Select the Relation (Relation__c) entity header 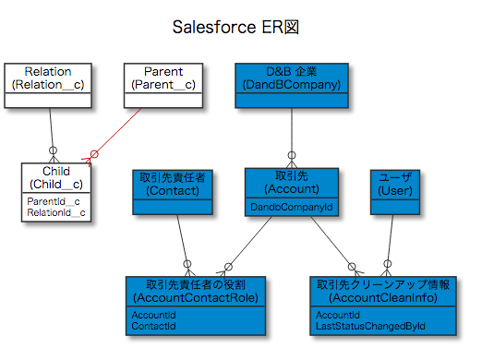point(48,78)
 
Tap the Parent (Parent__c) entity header point(163,78)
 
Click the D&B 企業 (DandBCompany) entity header point(292,78)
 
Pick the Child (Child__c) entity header point(56,178)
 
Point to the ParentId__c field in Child point(53,201)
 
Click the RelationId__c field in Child point(56,213)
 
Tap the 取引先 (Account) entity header point(291,183)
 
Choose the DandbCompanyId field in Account point(291,208)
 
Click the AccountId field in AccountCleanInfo point(337,315)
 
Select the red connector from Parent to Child point(118,131)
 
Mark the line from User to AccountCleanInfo point(393,240)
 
